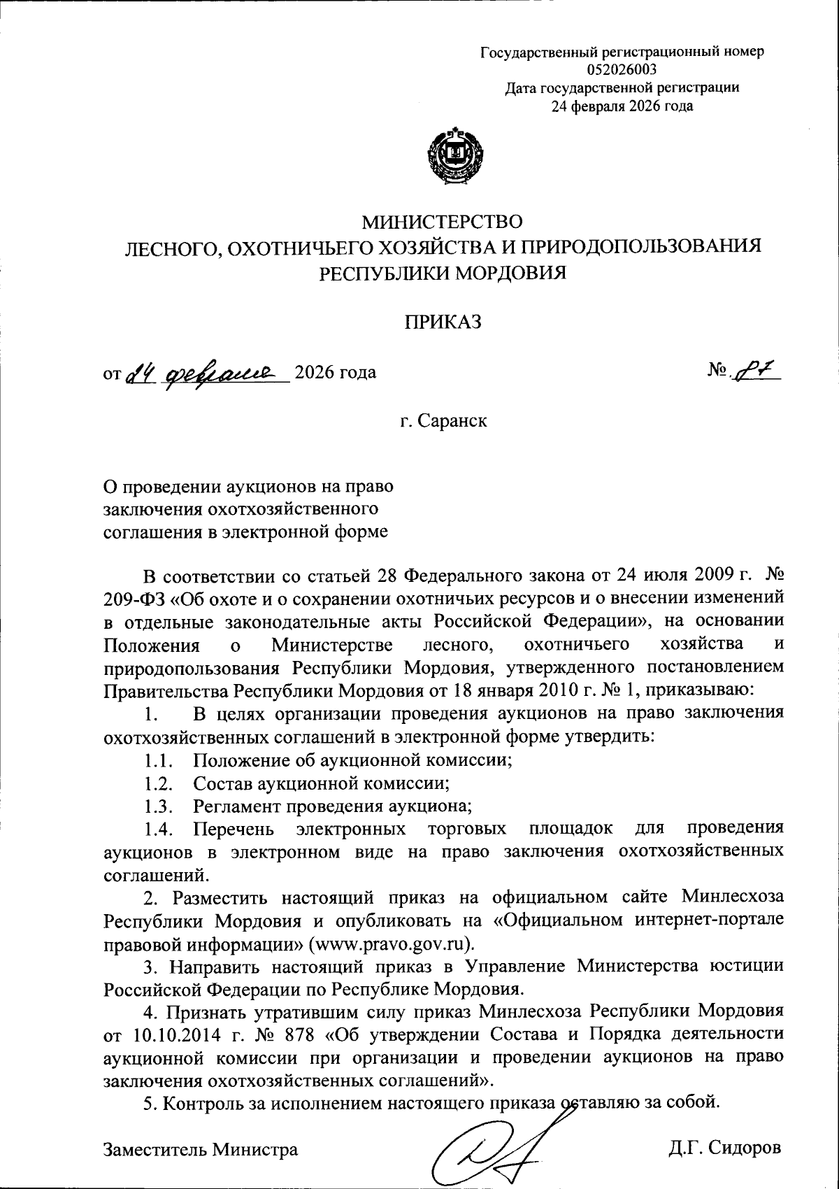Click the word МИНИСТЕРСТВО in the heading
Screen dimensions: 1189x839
[441, 222]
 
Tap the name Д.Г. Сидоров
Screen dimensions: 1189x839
[724, 1148]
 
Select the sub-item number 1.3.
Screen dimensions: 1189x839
[159, 805]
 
